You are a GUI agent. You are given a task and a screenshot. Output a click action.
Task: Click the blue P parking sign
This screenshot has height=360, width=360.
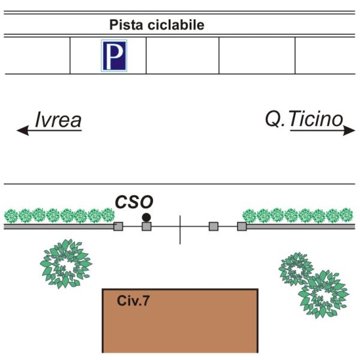click(x=113, y=55)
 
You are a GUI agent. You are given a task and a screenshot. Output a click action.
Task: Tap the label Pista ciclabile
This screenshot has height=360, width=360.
click(x=157, y=25)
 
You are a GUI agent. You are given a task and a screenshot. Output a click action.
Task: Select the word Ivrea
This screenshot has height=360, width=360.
click(x=58, y=120)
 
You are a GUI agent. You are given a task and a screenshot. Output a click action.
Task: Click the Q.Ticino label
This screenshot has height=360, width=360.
click(x=304, y=119)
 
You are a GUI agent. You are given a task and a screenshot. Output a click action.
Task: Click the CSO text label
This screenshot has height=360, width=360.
click(x=134, y=201)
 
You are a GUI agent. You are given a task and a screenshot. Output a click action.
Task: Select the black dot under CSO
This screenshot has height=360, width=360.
click(x=146, y=217)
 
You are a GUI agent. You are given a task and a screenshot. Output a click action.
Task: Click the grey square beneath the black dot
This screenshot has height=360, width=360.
click(x=146, y=226)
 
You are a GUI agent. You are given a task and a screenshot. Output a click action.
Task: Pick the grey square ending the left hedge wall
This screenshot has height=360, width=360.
click(x=118, y=226)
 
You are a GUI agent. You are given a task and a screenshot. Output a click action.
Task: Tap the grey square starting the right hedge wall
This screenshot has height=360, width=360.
click(x=242, y=226)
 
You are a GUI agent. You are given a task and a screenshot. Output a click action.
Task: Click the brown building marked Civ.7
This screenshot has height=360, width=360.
click(x=180, y=324)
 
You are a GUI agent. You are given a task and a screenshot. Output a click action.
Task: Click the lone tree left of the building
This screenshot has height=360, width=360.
click(x=65, y=263)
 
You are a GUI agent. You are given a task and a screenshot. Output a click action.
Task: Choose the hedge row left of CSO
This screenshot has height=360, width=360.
click(x=59, y=215)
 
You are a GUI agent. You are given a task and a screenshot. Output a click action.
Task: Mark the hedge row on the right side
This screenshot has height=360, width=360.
click(x=298, y=215)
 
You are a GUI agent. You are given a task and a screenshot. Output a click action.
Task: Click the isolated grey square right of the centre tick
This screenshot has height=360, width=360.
click(x=213, y=226)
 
